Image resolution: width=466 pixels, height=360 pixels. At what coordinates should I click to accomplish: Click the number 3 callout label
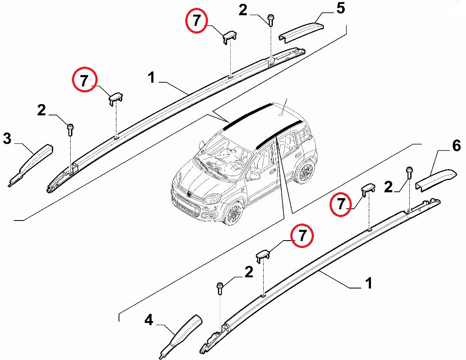7,139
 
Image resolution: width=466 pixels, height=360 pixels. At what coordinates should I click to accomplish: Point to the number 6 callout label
456,146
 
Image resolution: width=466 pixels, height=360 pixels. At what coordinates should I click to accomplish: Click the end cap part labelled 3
31,165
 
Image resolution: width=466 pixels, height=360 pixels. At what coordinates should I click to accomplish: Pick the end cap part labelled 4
181,336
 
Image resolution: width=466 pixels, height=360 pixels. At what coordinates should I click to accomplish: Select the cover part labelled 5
301,31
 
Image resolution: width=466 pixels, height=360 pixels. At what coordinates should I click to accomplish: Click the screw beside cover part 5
271,20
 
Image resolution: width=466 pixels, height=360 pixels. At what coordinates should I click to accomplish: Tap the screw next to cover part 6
409,173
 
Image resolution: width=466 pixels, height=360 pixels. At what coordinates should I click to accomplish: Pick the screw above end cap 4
220,289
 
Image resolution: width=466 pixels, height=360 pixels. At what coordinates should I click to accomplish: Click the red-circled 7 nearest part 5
196,20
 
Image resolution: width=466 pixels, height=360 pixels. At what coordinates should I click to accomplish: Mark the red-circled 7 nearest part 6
340,204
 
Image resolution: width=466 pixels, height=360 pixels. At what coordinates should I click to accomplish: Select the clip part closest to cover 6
367,190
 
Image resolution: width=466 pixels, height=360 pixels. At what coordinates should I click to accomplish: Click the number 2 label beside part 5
243,11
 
